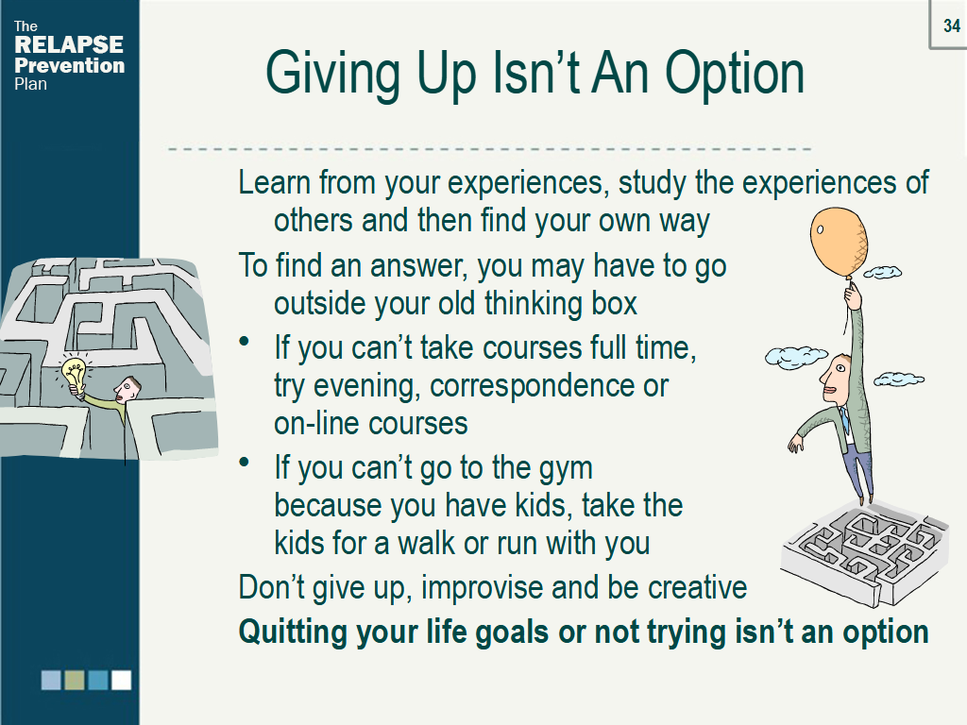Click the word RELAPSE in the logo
tap(68, 44)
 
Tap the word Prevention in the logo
tap(69, 65)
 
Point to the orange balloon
tap(839, 243)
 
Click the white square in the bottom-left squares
tap(121, 680)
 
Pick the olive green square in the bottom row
tap(75, 680)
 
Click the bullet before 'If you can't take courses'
tap(245, 341)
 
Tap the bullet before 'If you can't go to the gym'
tap(245, 461)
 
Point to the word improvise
tap(483, 588)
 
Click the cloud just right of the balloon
tap(883, 271)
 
